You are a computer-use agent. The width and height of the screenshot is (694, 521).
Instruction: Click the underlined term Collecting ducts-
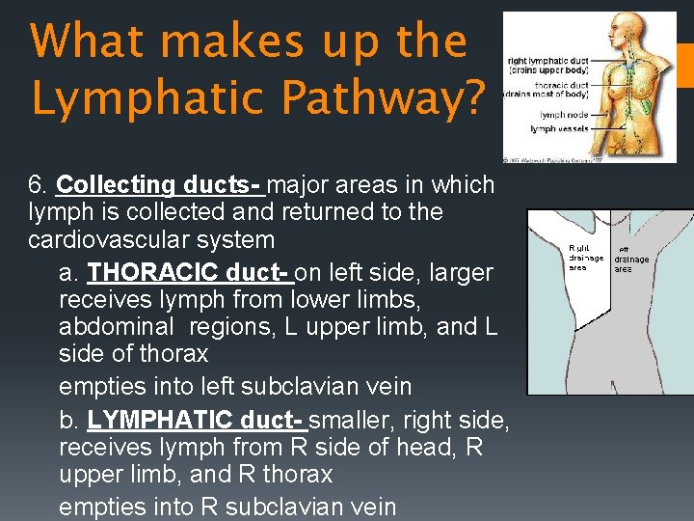tap(159, 184)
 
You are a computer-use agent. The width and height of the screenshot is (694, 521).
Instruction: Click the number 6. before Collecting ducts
tap(40, 184)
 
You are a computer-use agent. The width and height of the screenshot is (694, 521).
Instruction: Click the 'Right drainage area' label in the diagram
tap(585, 258)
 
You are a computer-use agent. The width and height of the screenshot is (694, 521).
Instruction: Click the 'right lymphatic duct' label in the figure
tap(547, 64)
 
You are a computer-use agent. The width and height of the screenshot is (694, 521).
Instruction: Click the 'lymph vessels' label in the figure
tap(557, 128)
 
